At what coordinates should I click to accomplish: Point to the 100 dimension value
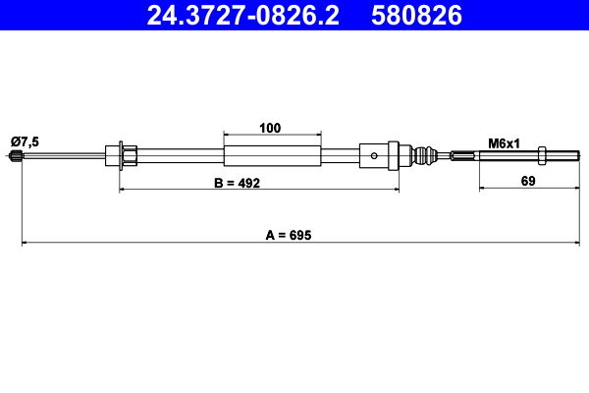pyautogui.click(x=271, y=127)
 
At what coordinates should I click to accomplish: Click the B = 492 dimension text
pyautogui.click(x=237, y=184)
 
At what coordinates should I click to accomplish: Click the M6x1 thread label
pyautogui.click(x=504, y=142)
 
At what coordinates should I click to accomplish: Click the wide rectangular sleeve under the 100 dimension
pyautogui.click(x=272, y=154)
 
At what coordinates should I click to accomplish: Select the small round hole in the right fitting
pyautogui.click(x=376, y=154)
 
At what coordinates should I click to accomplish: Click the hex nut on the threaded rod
pyautogui.click(x=544, y=154)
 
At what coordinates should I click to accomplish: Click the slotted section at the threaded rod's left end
pyautogui.click(x=459, y=154)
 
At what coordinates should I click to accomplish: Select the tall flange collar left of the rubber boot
pyautogui.click(x=394, y=154)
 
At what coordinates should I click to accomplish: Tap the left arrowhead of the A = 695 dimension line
pyautogui.click(x=25, y=243)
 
